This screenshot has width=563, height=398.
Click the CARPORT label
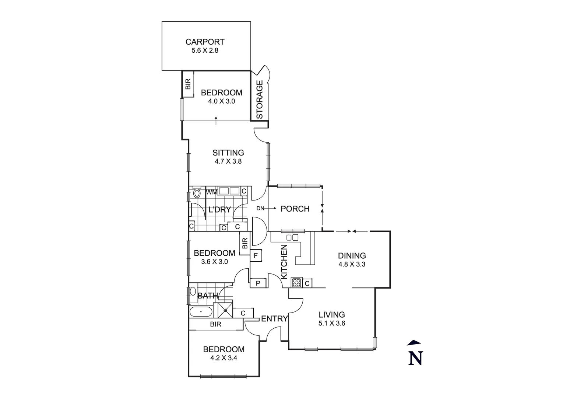(x=205, y=42)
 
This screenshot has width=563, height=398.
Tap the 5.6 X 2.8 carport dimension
(x=205, y=50)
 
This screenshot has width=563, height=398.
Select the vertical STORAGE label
(x=260, y=100)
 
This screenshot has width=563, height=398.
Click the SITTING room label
(x=228, y=153)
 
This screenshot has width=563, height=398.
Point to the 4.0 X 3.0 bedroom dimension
(x=222, y=101)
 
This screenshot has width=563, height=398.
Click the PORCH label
(x=295, y=209)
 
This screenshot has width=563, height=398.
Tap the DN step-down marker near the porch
(x=261, y=209)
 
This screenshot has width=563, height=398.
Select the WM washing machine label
(x=211, y=192)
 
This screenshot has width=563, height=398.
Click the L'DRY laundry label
(x=219, y=210)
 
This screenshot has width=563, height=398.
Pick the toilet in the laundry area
(x=197, y=193)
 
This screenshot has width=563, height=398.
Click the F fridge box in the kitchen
(x=256, y=255)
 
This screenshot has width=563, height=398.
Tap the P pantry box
(x=258, y=283)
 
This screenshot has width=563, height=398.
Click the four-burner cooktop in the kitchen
(x=297, y=283)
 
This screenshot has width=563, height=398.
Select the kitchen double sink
(x=292, y=237)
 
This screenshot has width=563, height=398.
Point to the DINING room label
(x=352, y=255)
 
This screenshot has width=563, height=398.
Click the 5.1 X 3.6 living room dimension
(x=332, y=324)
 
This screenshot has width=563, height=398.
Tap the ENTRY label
(x=274, y=319)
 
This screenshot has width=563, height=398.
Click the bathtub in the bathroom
(x=201, y=312)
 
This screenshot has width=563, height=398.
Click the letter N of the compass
(x=415, y=358)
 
